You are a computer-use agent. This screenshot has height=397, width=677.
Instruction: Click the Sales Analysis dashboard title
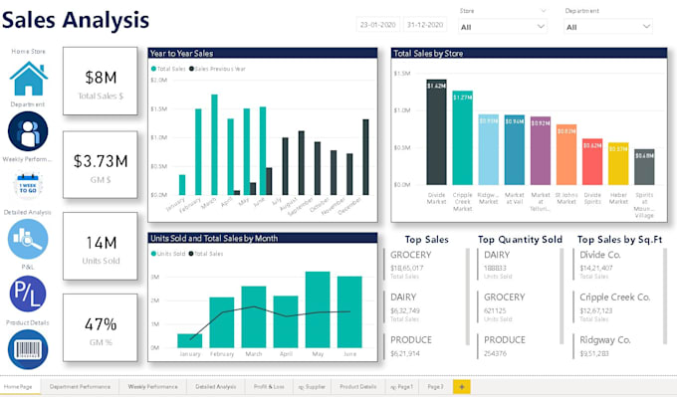point(78,19)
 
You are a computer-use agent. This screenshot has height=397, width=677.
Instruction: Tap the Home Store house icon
point(28,78)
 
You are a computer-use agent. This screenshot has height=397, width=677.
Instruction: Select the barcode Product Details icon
point(28,348)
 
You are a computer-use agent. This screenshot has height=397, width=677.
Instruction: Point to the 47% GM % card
point(100,329)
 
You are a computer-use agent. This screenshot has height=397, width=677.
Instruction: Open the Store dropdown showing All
point(502,26)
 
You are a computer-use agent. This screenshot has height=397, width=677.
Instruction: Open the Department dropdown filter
point(607,26)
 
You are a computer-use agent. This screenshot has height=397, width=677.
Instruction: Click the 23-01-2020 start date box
point(377,24)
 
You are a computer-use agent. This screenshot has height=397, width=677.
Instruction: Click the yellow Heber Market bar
point(618,165)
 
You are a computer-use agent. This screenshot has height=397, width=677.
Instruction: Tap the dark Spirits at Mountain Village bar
point(644,169)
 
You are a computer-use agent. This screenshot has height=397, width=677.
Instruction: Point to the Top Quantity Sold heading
point(520,240)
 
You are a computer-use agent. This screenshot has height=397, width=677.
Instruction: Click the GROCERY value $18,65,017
point(408,268)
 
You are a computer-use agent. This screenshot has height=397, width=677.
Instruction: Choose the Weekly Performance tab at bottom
point(151,385)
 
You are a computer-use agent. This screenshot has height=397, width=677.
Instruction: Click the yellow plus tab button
point(461,385)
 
